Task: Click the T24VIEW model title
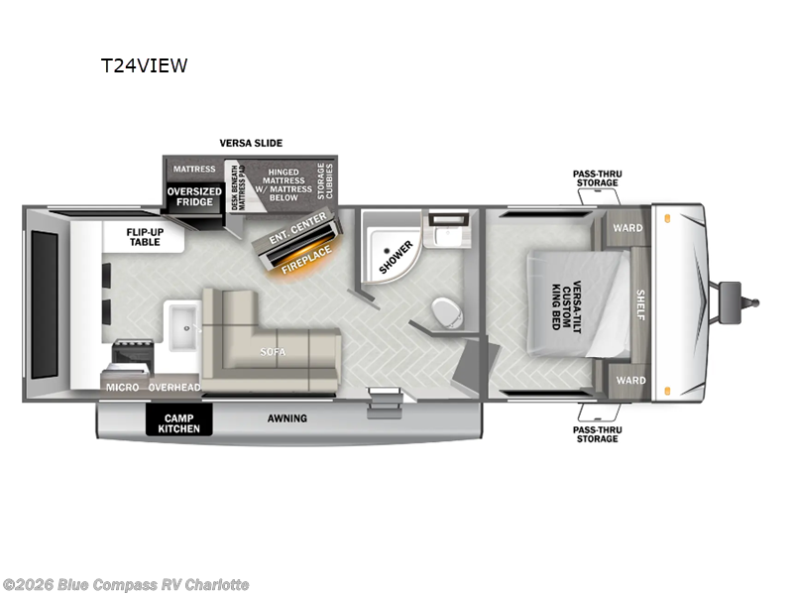click(x=144, y=66)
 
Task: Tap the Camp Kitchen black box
click(x=179, y=421)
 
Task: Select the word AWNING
click(x=286, y=418)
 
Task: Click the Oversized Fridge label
click(x=193, y=196)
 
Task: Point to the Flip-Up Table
click(x=144, y=236)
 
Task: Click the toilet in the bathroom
click(x=448, y=313)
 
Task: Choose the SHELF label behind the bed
click(x=640, y=304)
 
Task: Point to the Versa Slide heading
click(x=251, y=144)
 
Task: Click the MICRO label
click(x=123, y=387)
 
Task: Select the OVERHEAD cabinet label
click(x=174, y=387)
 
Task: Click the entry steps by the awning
click(x=384, y=402)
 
